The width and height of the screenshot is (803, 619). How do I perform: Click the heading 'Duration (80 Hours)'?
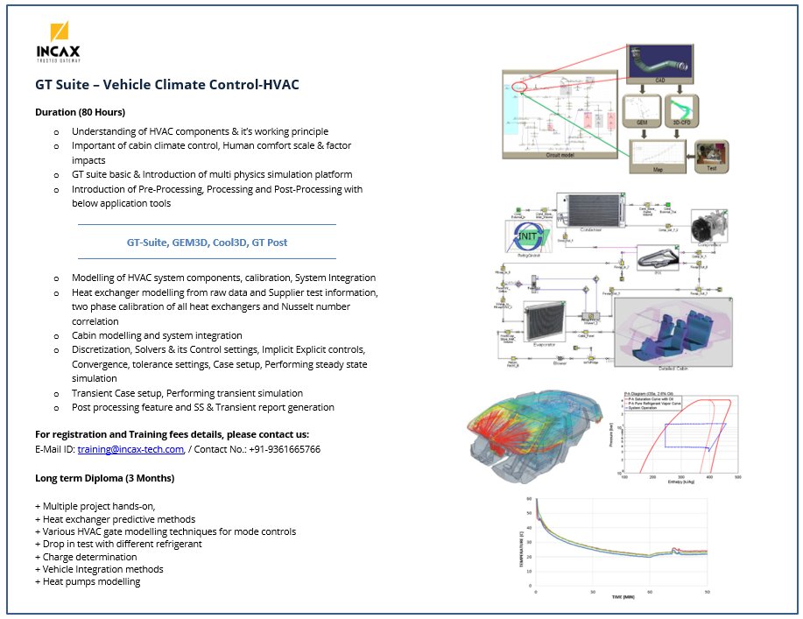[x=80, y=112]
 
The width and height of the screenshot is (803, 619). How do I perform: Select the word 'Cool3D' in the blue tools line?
[x=230, y=242]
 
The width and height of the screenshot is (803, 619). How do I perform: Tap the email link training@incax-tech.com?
[x=130, y=449]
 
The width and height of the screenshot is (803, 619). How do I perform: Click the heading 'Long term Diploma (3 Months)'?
[x=104, y=478]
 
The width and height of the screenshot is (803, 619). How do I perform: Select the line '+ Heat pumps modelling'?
[x=88, y=581]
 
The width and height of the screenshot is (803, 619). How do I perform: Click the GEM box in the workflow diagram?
[x=640, y=112]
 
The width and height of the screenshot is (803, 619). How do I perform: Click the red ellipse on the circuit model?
[x=521, y=87]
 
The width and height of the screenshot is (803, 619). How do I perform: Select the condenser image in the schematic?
[x=588, y=213]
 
